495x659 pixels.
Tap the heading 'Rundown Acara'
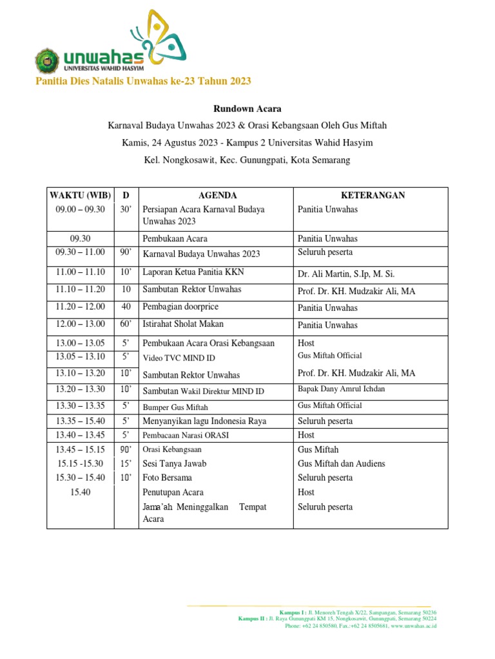(247, 109)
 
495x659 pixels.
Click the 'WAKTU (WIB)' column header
(80, 195)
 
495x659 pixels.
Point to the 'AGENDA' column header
(217, 195)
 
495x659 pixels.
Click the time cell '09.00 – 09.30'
(80, 209)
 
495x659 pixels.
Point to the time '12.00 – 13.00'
(80, 324)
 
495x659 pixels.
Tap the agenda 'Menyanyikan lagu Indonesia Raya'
(204, 421)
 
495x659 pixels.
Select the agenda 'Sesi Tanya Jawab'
(174, 463)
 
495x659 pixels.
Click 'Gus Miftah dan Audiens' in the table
(340, 463)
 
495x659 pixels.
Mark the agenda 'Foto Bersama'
(167, 478)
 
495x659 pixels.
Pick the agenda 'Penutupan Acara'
(173, 492)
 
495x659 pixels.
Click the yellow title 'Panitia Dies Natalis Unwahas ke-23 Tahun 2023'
(142, 81)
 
